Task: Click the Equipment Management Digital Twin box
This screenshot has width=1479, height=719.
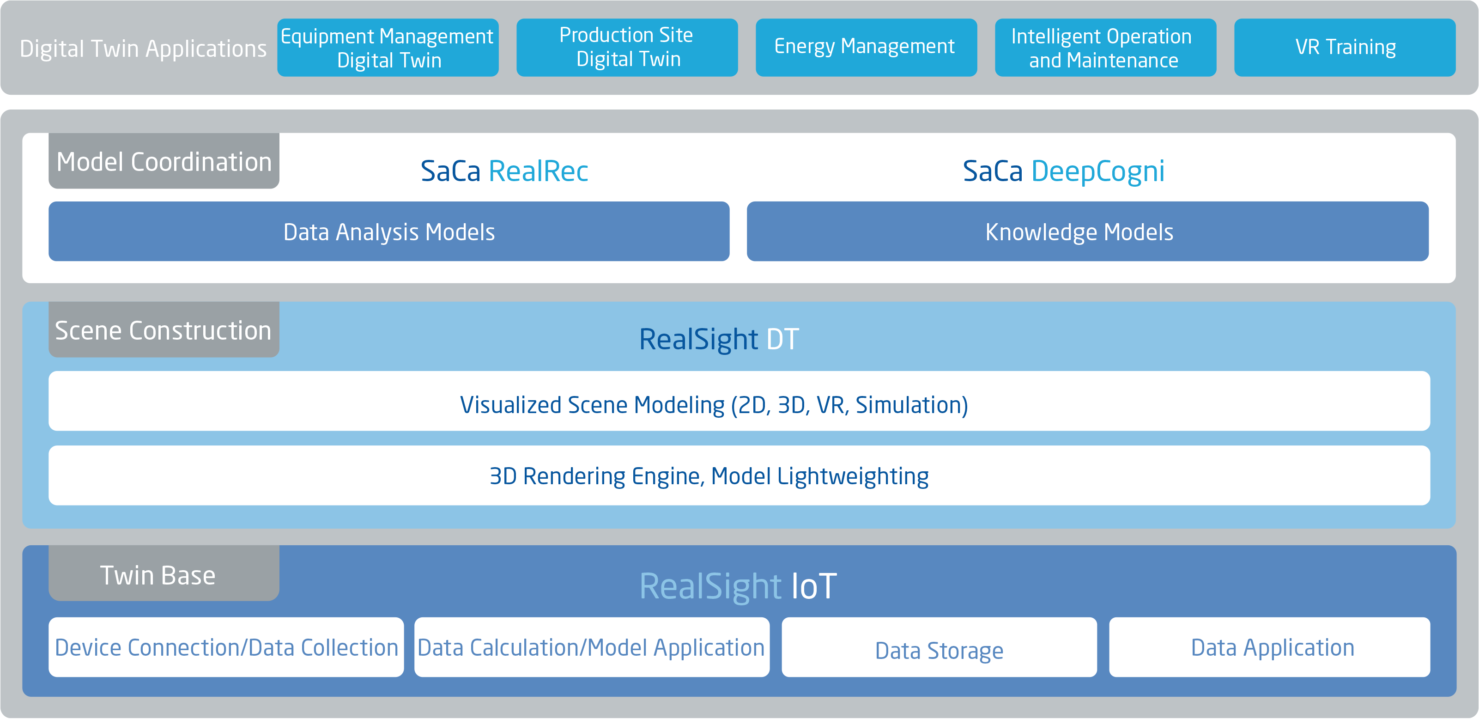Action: pos(388,48)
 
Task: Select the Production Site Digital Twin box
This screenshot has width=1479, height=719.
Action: pos(627,48)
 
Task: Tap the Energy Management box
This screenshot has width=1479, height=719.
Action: pos(866,48)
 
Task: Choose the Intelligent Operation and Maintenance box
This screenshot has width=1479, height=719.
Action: pos(1105,48)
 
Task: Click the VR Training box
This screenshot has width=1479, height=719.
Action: pos(1345,48)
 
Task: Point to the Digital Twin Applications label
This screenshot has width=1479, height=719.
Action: pos(143,49)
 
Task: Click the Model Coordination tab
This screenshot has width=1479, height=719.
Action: pos(164,161)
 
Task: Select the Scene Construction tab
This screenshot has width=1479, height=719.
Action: pos(164,330)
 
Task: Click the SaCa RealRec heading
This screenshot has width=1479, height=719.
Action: pos(504,171)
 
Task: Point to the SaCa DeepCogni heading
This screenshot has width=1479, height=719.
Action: pos(1063,171)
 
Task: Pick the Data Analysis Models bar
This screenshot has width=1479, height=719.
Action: pos(389,232)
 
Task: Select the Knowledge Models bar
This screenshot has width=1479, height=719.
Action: pos(1087,232)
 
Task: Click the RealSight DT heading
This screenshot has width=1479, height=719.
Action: pos(719,339)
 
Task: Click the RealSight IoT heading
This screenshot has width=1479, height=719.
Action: pos(738,586)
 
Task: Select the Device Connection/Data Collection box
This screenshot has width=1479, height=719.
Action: pos(226,647)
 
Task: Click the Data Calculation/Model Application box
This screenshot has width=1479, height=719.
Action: pos(591,647)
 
